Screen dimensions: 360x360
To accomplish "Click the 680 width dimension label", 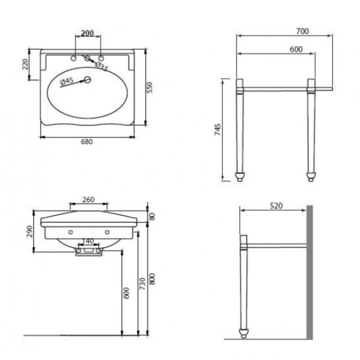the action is (87, 142).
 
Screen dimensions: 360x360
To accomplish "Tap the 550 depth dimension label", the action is (150, 87).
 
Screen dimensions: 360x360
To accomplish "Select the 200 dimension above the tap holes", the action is (88, 33).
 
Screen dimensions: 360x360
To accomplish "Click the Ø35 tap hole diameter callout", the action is (102, 67).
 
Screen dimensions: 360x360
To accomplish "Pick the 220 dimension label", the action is (25, 64).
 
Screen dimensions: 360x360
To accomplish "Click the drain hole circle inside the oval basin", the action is (87, 80).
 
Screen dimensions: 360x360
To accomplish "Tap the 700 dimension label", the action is (303, 31).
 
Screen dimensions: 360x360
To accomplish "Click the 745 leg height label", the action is (218, 129).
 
